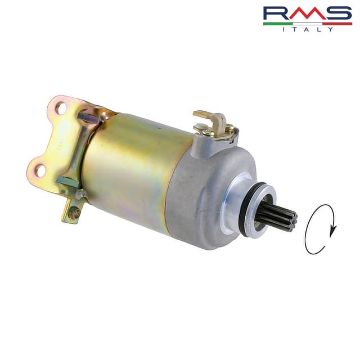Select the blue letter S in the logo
click(338, 13)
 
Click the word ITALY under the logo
click(307, 29)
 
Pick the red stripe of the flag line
click(337, 24)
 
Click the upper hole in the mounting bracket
click(60, 107)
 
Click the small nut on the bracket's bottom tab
click(73, 213)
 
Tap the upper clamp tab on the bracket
click(90, 118)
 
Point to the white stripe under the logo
click(307, 24)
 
